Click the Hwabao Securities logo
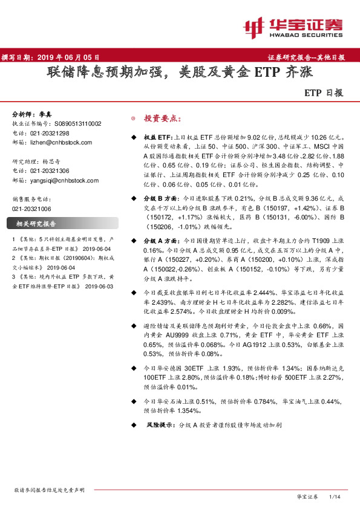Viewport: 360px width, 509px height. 293,26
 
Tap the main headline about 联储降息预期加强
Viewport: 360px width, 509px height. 179,74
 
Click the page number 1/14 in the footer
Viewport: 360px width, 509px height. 334,496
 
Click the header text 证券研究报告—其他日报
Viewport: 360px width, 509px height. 306,57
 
